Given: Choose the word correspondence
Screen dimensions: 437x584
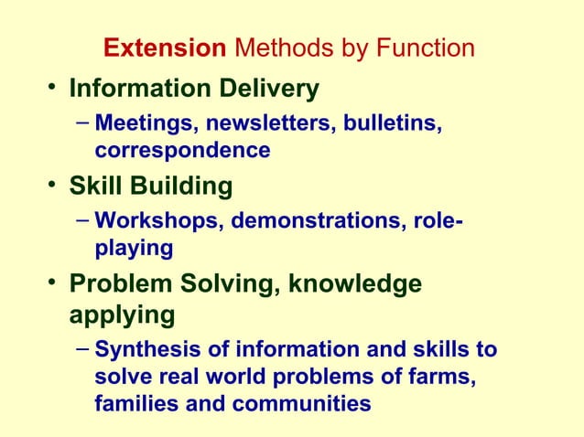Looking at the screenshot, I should [182, 149].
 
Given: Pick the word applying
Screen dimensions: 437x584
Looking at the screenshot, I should [122, 315].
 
